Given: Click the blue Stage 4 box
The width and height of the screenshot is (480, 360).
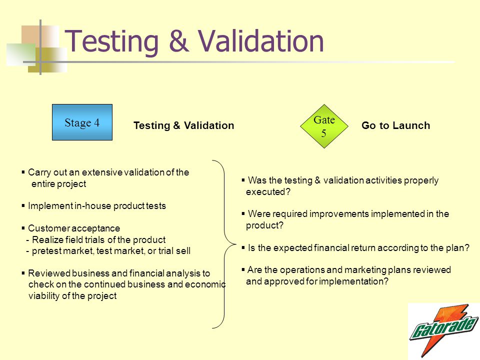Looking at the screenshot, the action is click(x=82, y=122).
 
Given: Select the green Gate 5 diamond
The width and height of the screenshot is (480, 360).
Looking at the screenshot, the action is click(x=324, y=126).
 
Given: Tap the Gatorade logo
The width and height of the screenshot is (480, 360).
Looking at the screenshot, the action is click(x=444, y=330).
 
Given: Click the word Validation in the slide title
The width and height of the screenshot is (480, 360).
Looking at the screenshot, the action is click(x=260, y=41).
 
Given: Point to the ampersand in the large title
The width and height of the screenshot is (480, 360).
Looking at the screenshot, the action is click(x=178, y=41).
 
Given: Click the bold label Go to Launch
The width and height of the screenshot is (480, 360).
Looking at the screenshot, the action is click(x=395, y=125).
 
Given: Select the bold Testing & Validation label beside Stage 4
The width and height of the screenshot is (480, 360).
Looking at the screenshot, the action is click(x=183, y=125).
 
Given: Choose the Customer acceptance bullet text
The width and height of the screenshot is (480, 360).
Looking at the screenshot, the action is click(x=74, y=228).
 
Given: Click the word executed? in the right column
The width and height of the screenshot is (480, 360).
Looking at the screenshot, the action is click(x=268, y=192).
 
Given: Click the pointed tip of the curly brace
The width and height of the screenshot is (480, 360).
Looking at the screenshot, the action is click(x=235, y=244).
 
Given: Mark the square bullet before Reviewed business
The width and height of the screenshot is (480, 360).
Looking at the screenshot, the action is click(x=23, y=273).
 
